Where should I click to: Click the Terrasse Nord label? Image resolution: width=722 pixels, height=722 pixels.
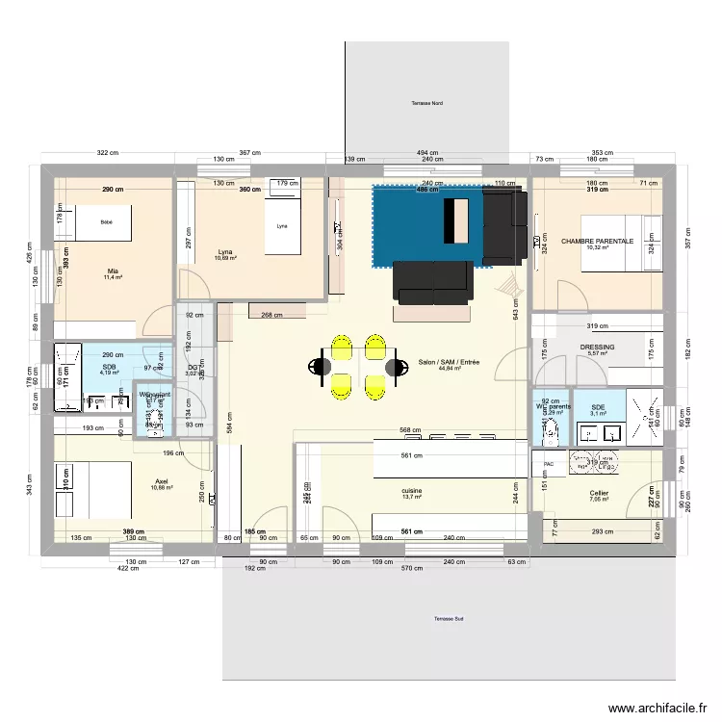425,102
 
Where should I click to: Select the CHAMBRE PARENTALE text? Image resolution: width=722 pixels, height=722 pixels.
597,241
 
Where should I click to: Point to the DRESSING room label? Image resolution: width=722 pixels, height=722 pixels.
597,348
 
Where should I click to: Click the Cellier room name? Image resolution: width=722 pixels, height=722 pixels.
599,493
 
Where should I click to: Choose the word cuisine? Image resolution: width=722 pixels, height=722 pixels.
412,491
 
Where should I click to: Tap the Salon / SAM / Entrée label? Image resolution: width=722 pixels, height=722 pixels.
449,362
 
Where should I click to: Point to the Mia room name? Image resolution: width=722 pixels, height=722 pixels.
113,271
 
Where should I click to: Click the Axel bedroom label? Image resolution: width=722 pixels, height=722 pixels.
161,481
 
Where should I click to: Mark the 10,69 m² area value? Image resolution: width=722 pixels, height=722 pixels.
224,258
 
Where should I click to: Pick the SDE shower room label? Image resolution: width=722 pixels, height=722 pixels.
598,407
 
